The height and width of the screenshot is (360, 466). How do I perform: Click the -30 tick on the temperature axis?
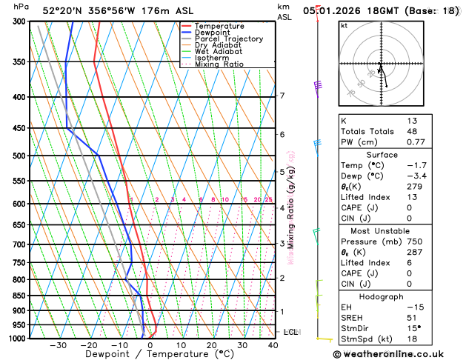[x=58, y=344]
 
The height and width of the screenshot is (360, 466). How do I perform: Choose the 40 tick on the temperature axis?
[x=273, y=344]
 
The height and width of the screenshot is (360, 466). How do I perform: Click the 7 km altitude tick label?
[x=282, y=96]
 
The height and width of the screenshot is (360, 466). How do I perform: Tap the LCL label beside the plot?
[x=290, y=332]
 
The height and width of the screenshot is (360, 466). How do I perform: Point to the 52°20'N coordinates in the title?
[x=62, y=11]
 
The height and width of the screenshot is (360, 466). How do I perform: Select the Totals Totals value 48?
[x=412, y=131]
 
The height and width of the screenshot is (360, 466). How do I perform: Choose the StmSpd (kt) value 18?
[x=412, y=339]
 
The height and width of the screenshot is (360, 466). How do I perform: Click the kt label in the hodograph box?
[x=344, y=25]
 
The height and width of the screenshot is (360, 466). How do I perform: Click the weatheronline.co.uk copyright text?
[x=398, y=354]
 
